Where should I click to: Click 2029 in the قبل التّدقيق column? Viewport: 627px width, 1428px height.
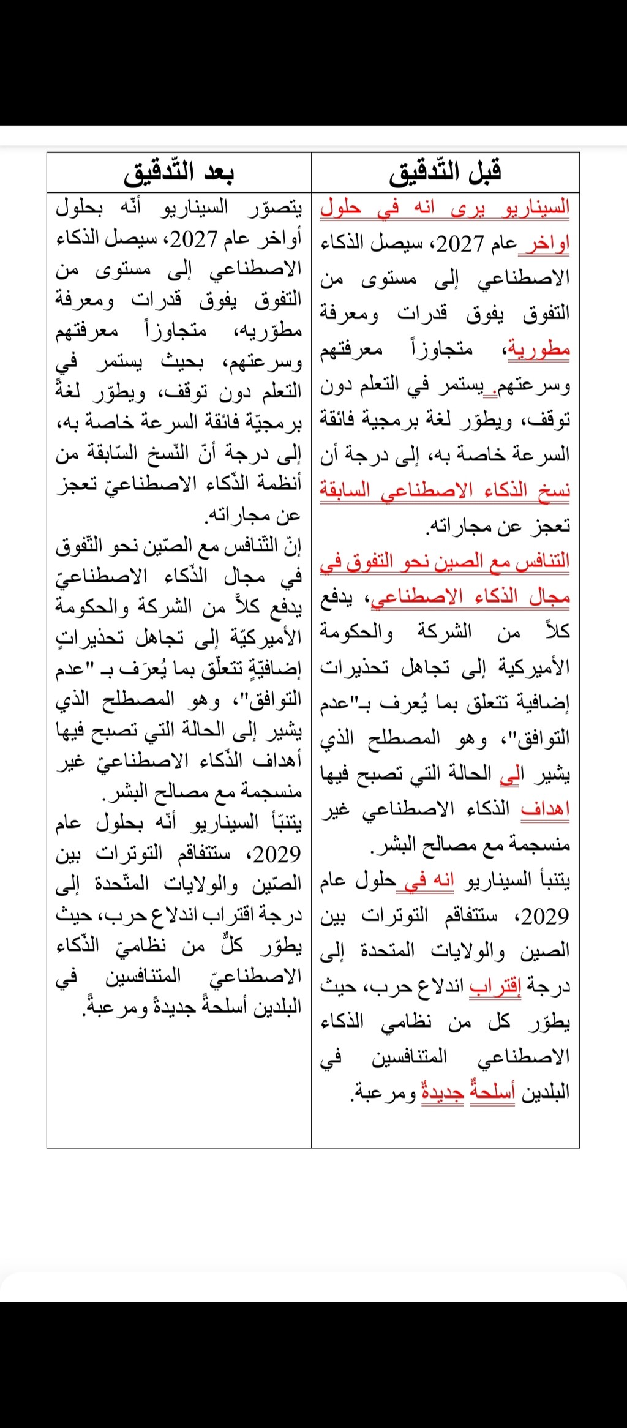click(x=544, y=916)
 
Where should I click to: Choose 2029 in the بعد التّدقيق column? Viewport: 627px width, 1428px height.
click(x=277, y=853)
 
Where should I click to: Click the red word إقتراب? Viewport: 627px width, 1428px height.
click(x=495, y=986)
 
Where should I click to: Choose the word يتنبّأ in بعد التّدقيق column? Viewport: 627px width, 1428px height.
click(x=277, y=822)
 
